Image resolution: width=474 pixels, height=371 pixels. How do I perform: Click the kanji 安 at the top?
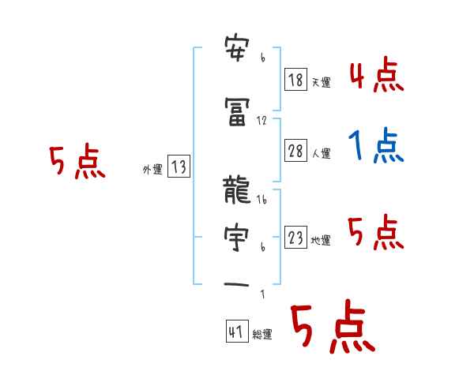pyautogui.click(x=237, y=51)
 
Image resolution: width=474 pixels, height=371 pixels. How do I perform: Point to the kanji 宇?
pyautogui.click(x=237, y=237)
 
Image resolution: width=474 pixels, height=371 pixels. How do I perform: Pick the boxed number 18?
pyautogui.click(x=295, y=79)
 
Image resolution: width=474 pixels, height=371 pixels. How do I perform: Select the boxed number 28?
pyautogui.click(x=296, y=151)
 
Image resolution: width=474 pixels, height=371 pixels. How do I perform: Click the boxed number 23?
pyautogui.click(x=295, y=238)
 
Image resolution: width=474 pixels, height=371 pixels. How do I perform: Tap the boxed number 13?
pyautogui.click(x=179, y=167)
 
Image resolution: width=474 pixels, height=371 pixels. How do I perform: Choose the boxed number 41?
pyautogui.click(x=236, y=332)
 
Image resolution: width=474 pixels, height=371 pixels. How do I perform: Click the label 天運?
pyautogui.click(x=321, y=82)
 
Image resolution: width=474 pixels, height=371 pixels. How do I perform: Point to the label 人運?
pyautogui.click(x=321, y=153)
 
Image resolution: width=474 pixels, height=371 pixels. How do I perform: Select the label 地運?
pyautogui.click(x=321, y=241)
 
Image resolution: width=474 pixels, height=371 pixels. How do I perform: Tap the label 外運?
pyautogui.click(x=152, y=169)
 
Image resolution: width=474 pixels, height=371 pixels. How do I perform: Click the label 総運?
pyautogui.click(x=262, y=334)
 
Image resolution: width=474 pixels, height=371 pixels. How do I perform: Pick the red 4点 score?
pyautogui.click(x=376, y=77)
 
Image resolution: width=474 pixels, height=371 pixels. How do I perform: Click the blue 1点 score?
pyautogui.click(x=376, y=147)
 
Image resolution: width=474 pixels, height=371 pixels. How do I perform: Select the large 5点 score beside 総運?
pyautogui.click(x=332, y=328)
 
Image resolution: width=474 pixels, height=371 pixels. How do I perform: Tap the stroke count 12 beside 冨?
pyautogui.click(x=262, y=121)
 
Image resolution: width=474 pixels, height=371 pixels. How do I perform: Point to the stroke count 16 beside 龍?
pyautogui.click(x=262, y=200)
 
